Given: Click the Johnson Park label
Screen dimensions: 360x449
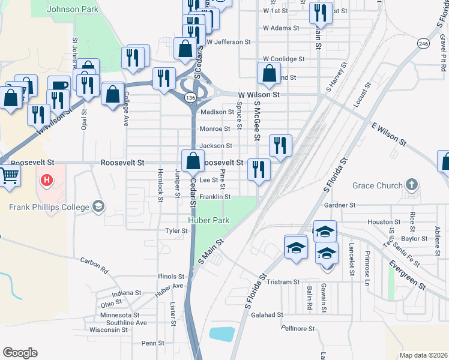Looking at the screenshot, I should click(x=73, y=10).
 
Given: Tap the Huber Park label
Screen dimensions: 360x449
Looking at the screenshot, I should click(x=209, y=221).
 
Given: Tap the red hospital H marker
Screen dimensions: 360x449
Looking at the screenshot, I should click(x=46, y=180).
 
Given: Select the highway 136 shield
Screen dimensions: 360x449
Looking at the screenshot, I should click(x=190, y=97).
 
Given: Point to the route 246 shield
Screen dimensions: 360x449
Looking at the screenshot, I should click(x=424, y=44).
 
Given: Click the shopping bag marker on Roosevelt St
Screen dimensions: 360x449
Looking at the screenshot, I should click(x=192, y=161).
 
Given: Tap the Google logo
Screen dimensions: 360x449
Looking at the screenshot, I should click(x=20, y=353).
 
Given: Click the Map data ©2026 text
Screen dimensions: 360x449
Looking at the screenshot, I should click(x=423, y=355).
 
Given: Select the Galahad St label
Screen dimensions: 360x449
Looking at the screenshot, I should click(x=267, y=315).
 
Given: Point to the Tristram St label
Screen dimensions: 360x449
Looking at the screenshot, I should click(x=283, y=282).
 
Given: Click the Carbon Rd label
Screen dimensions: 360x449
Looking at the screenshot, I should click(x=94, y=265).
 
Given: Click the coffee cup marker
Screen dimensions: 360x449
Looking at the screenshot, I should click(x=59, y=88).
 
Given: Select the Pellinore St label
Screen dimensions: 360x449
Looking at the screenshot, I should click(x=298, y=329).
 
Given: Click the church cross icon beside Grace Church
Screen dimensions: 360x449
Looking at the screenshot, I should click(x=412, y=184).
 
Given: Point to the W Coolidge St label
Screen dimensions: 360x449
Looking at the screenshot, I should click(x=284, y=59).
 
